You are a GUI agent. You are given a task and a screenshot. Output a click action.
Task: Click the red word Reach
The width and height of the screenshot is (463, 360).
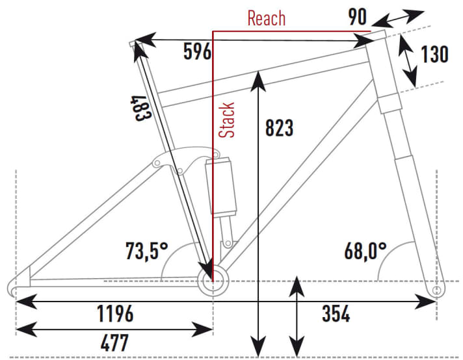coord(266,18)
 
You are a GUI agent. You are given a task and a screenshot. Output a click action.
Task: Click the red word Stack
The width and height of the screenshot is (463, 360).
coord(228,120)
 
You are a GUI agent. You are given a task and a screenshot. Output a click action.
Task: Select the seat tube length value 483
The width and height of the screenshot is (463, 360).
coord(144,107)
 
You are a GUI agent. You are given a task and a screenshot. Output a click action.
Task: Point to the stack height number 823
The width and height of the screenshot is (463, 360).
coord(280,128)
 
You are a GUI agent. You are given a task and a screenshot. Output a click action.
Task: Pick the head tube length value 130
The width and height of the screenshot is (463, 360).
coord(434,55)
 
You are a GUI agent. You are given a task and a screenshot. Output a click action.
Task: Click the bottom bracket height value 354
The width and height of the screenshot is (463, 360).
coord(336,314)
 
